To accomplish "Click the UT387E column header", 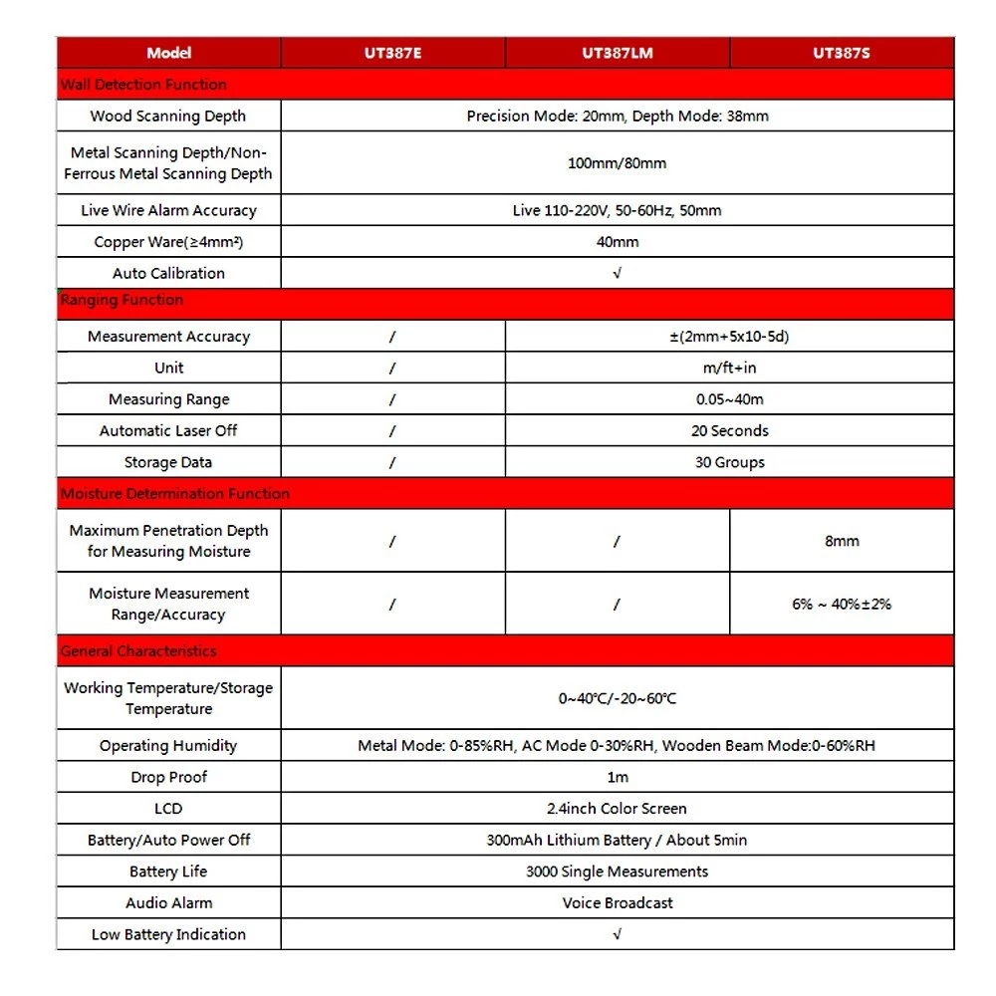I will pyautogui.click(x=392, y=53).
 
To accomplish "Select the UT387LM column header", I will pyautogui.click(x=618, y=53).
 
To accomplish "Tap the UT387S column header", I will pyautogui.click(x=842, y=53).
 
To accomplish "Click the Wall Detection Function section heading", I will pyautogui.click(x=143, y=85).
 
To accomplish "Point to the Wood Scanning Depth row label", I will pyautogui.click(x=168, y=116).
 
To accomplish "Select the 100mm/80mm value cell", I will pyautogui.click(x=618, y=163).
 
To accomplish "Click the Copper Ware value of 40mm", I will pyautogui.click(x=618, y=242).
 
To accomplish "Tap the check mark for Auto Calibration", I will pyautogui.click(x=618, y=273).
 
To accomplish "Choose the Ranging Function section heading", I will pyautogui.click(x=123, y=300).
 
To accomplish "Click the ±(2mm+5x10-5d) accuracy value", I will pyautogui.click(x=729, y=337).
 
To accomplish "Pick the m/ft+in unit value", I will pyautogui.click(x=729, y=368).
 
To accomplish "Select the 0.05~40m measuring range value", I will pyautogui.click(x=729, y=399).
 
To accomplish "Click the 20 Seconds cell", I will pyautogui.click(x=729, y=431).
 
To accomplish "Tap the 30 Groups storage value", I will pyautogui.click(x=729, y=462).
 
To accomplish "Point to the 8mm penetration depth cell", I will pyautogui.click(x=842, y=541).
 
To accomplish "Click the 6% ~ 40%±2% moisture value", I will pyautogui.click(x=842, y=604).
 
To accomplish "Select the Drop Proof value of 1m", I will pyautogui.click(x=618, y=777).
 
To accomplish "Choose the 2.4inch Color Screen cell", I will pyautogui.click(x=618, y=809).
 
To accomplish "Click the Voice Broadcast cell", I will pyautogui.click(x=618, y=903).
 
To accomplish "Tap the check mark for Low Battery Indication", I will pyautogui.click(x=618, y=934).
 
